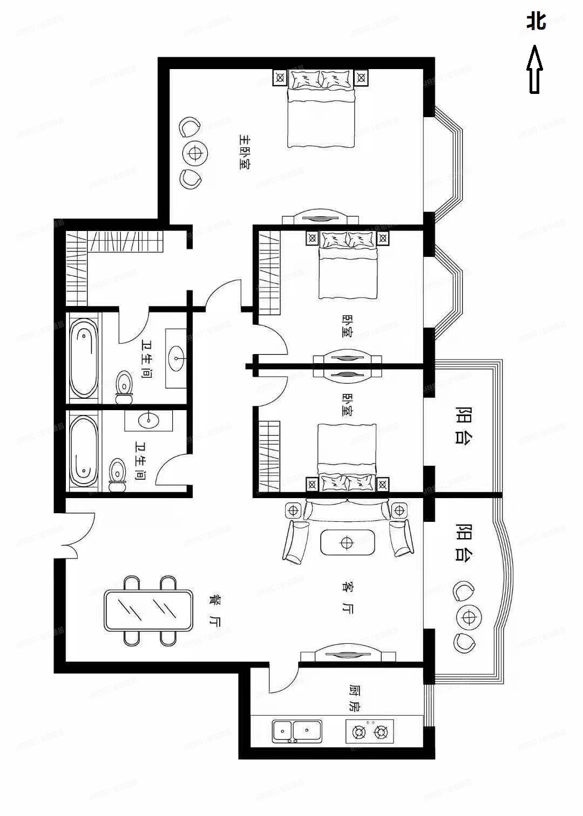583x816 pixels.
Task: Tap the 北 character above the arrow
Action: pos(536,22)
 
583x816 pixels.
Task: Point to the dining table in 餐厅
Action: pos(149,610)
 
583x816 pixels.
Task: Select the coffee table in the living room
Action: pos(347,542)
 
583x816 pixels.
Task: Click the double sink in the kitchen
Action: pos(297,731)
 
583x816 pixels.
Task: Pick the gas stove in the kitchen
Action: pos(370,732)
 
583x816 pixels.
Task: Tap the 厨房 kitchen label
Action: pos(354,699)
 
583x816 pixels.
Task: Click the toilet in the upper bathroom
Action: pos(124,386)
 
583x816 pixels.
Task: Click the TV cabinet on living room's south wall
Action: pos(348,655)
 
